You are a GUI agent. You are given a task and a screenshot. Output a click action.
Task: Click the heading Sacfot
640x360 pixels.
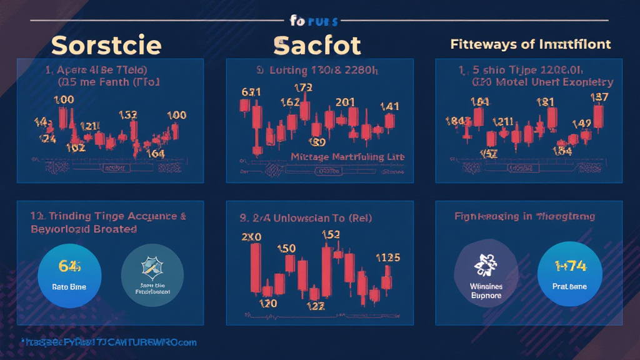coord(317,45)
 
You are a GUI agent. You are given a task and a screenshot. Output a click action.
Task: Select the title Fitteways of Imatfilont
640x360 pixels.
coord(530,45)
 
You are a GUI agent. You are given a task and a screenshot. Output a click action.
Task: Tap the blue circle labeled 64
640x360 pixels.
coord(70,273)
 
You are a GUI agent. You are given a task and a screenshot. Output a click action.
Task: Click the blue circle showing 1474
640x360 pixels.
coord(569,273)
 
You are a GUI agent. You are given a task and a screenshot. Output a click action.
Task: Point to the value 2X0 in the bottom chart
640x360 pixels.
coord(250,237)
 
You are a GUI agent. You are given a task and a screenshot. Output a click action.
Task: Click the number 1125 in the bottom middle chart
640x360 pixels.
coord(387,257)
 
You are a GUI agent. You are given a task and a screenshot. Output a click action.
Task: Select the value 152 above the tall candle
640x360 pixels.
coord(330,235)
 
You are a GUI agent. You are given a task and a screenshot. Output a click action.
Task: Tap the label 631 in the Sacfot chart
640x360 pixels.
coord(251,92)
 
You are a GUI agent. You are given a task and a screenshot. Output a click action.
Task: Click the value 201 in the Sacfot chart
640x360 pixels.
coord(345,102)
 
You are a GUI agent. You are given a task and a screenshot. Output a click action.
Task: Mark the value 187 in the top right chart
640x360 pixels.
coord(599,96)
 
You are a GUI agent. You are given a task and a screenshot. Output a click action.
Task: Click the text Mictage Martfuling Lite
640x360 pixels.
coord(347,156)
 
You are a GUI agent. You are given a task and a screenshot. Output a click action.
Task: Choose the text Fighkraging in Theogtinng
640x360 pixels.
coord(524,216)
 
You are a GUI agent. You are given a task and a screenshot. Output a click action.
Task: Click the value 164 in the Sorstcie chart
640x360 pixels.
coord(155,154)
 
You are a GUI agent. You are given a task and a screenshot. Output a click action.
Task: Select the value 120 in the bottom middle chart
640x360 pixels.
coord(267,302)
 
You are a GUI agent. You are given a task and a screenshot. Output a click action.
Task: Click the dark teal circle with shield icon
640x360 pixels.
coord(151,273)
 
